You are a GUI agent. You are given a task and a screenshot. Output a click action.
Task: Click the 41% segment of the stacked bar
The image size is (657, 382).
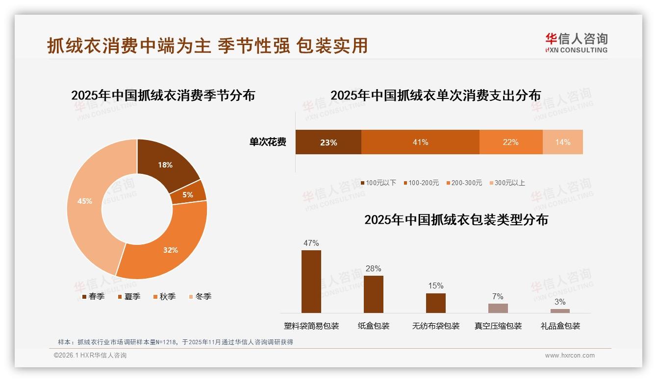(x=420, y=142)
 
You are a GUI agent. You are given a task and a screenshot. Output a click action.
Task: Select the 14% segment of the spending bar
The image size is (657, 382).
(x=563, y=142)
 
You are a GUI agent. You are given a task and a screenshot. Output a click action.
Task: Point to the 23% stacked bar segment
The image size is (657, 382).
(x=328, y=142)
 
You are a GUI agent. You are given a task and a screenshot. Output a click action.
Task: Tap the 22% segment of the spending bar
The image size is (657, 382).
(x=510, y=142)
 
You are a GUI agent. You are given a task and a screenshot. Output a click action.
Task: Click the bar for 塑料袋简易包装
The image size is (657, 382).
(x=311, y=282)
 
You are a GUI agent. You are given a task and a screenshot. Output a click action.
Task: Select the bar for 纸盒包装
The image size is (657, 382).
(x=373, y=294)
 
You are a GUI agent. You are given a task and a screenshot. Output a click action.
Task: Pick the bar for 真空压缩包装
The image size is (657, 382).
(x=498, y=308)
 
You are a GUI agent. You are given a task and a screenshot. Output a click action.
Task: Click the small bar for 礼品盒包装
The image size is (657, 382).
(x=560, y=311)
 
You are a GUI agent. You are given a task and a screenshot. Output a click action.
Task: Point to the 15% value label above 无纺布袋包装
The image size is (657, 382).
(x=435, y=286)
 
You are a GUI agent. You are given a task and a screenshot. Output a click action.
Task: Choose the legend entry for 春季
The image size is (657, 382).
(x=93, y=296)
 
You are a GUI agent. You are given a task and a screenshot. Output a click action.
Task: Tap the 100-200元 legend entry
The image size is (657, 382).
(x=421, y=183)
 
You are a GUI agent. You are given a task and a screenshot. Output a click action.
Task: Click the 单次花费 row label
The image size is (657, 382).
(x=268, y=142)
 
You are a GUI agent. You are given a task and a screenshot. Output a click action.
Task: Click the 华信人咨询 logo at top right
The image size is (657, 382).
(x=576, y=43)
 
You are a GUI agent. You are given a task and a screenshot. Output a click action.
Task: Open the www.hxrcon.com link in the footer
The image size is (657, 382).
(x=570, y=356)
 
